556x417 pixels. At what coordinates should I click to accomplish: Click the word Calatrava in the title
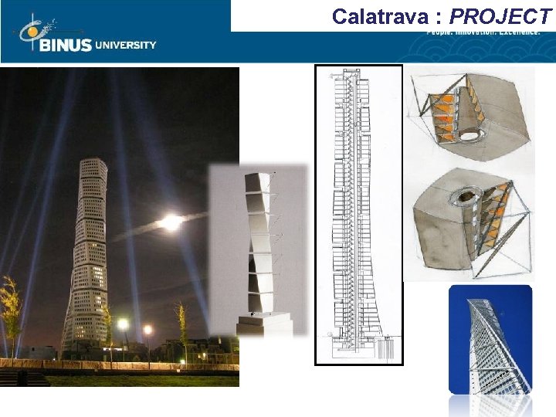coord(378,15)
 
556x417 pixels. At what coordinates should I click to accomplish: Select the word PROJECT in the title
coord(501,15)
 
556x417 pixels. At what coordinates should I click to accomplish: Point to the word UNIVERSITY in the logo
coord(125,45)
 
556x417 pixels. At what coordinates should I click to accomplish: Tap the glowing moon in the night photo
coord(171,222)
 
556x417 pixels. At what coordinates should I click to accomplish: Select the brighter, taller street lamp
coord(124,324)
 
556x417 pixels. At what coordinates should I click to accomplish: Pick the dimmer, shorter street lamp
coord(147,331)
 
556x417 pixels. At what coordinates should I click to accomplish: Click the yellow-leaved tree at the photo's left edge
coord(9,309)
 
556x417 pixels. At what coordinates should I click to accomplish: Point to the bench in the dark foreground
coord(23,378)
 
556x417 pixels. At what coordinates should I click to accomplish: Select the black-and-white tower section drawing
coord(358,216)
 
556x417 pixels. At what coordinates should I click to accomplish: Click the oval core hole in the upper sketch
coord(468,135)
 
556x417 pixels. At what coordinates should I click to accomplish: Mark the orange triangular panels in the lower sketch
coord(494,216)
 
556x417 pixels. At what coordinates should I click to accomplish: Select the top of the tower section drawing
coord(357,74)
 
